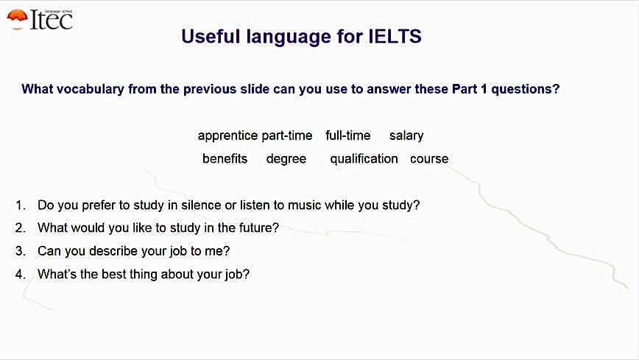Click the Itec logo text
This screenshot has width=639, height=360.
[52, 20]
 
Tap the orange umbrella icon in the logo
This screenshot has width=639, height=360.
[17, 19]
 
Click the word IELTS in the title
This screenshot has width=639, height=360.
[395, 36]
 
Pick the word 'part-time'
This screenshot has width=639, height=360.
[287, 135]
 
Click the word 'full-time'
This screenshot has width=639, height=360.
[348, 135]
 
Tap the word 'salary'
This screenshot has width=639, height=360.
[406, 135]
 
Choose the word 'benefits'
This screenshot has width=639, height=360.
[225, 158]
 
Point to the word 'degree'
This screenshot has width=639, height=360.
[286, 159]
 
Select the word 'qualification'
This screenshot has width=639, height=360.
[364, 159]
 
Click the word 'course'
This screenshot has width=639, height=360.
[429, 159]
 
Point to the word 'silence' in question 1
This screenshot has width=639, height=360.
[202, 205]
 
